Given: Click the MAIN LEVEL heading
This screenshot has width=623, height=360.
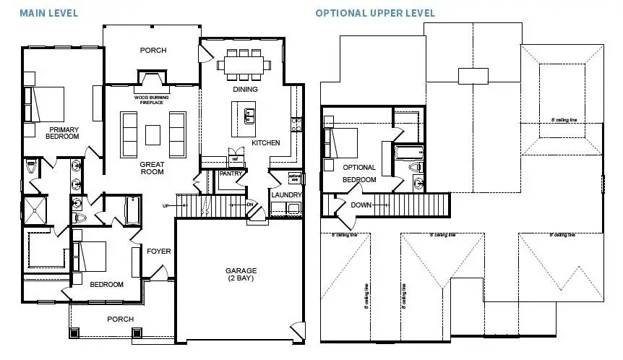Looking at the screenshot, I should pyautogui.click(x=48, y=14).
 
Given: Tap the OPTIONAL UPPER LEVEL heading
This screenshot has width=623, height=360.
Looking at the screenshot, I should pyautogui.click(x=375, y=14).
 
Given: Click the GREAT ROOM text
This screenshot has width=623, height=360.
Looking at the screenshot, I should pyautogui.click(x=152, y=168).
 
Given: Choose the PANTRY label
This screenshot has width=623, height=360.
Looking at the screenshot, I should pyautogui.click(x=231, y=174).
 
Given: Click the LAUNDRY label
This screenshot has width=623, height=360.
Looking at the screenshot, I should pyautogui.click(x=286, y=194).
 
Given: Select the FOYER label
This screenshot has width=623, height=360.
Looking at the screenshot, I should pyautogui.click(x=158, y=252).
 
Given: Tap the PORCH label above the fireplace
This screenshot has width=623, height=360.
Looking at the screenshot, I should pyautogui.click(x=152, y=51).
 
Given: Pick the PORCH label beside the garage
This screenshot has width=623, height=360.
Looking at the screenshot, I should pyautogui.click(x=120, y=319).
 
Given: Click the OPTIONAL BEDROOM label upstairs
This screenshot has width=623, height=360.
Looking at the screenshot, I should pyautogui.click(x=359, y=173).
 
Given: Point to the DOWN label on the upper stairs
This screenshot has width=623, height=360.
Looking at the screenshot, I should pyautogui.click(x=361, y=205).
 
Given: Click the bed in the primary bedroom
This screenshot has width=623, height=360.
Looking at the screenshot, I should pyautogui.click(x=46, y=105).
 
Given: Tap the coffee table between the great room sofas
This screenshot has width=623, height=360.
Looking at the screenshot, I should pyautogui.click(x=152, y=135).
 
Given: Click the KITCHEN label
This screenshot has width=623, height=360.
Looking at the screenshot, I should pyautogui.click(x=265, y=143).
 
